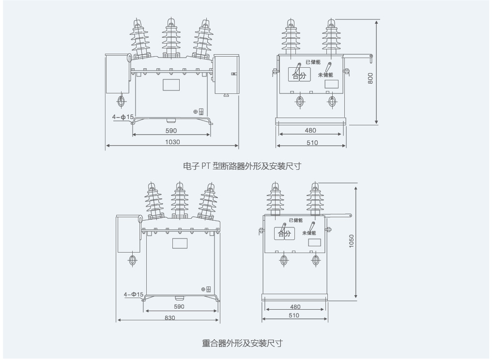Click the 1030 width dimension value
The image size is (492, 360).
click(x=172, y=142)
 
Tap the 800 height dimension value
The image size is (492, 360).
click(x=370, y=78)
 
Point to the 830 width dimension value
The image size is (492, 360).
click(x=169, y=318)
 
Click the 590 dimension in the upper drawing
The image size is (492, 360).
click(x=171, y=131)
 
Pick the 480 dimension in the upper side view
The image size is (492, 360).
click(x=310, y=131)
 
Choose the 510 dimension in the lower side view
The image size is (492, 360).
click(x=294, y=315)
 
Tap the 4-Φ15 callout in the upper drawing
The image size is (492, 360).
click(x=123, y=117)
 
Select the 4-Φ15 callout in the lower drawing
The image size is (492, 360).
click(x=134, y=294)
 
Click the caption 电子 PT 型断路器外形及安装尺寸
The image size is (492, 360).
click(x=242, y=166)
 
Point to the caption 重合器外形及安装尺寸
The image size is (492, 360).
click(x=242, y=344)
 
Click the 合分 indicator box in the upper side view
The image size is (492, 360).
click(x=299, y=75)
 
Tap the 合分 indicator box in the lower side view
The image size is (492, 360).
click(x=285, y=234)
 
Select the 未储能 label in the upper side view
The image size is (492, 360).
click(x=325, y=75)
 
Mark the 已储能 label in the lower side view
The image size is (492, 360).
click(x=296, y=220)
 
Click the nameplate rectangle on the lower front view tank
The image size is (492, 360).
click(x=180, y=242)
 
